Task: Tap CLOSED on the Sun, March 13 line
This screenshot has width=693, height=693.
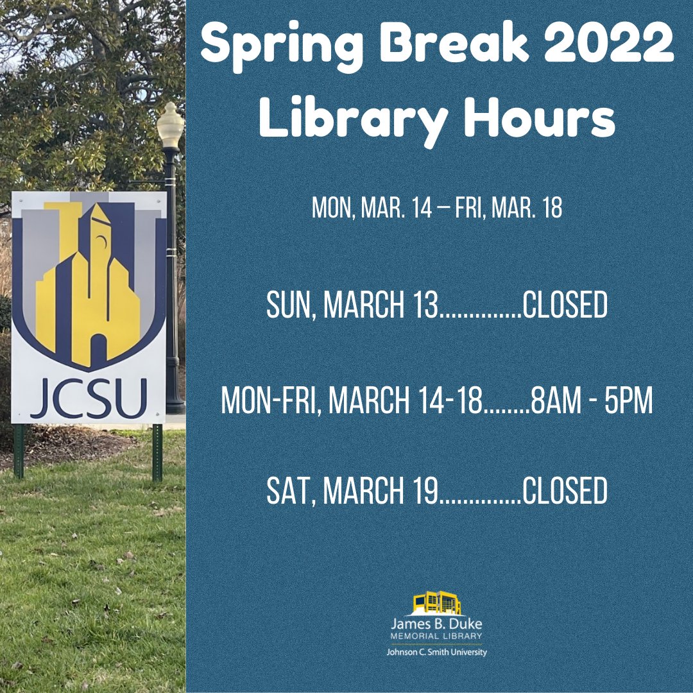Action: (x=565, y=306)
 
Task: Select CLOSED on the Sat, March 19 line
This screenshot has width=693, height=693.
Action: (x=565, y=491)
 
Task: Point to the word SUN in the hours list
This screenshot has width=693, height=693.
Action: (x=289, y=306)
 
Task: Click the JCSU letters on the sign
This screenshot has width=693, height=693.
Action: (x=89, y=398)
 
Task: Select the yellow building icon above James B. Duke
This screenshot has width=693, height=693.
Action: (x=436, y=604)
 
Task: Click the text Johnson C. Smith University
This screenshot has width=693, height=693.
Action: (x=436, y=652)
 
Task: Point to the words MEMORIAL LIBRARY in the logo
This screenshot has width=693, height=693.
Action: (x=436, y=635)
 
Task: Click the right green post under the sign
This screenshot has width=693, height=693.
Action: (x=157, y=452)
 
